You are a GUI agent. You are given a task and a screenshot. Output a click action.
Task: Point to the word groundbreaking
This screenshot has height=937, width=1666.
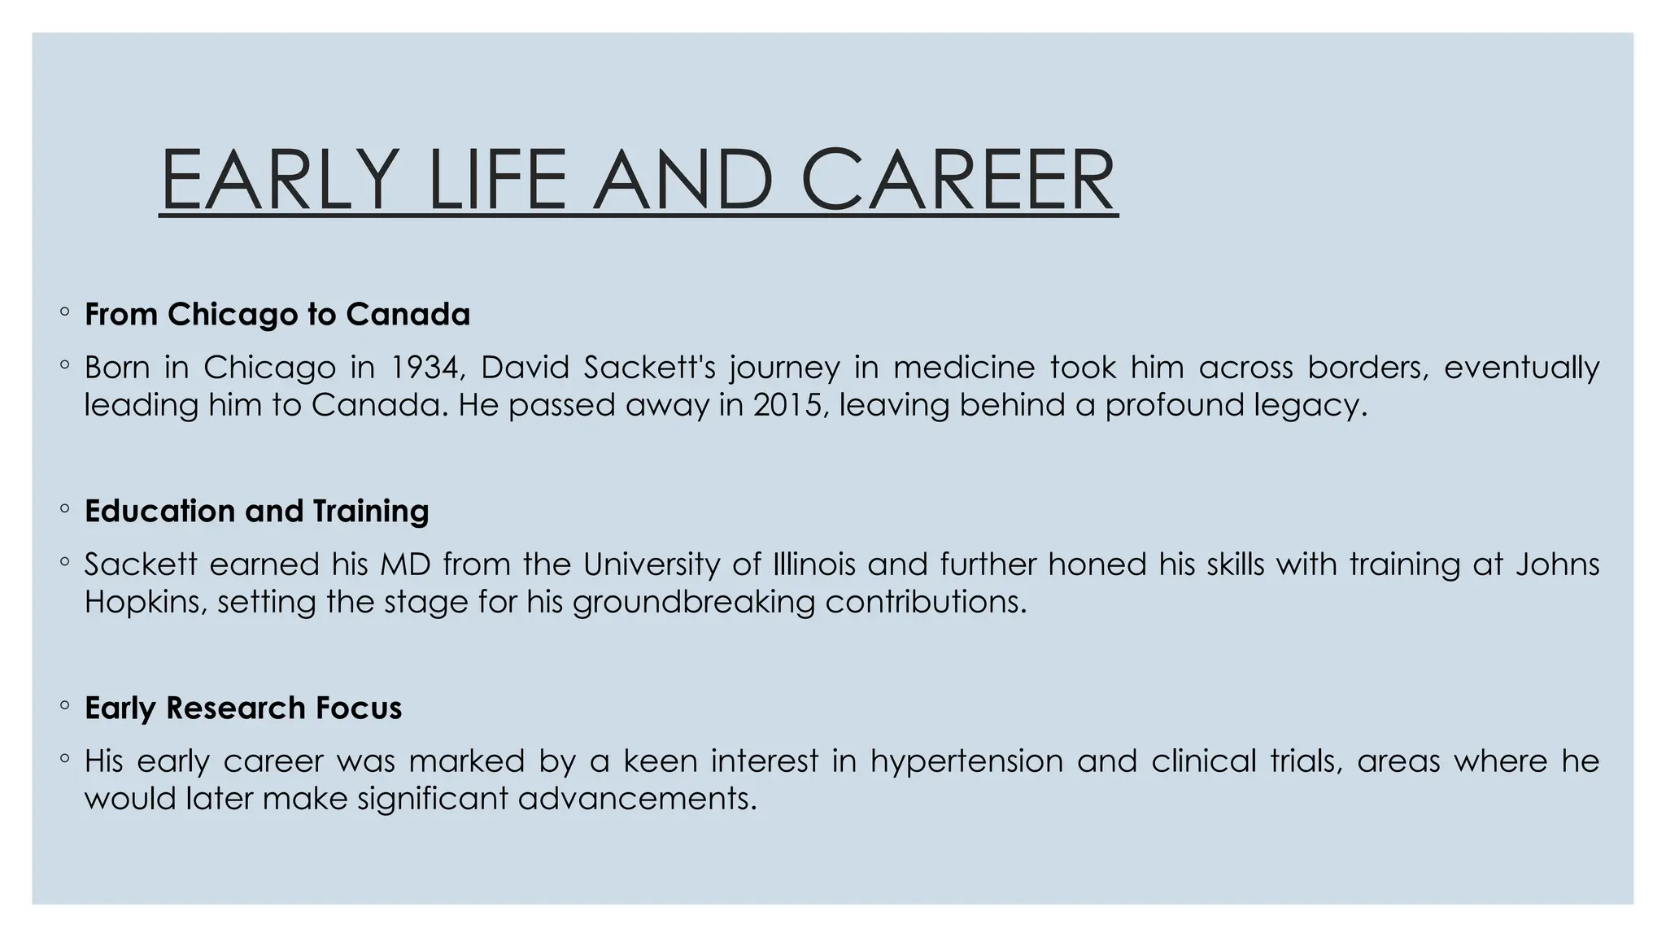[x=694, y=602]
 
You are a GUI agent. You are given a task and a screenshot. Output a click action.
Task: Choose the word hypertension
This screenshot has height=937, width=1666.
[x=966, y=761]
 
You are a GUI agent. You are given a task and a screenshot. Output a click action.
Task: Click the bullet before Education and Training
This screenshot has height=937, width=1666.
[x=64, y=510]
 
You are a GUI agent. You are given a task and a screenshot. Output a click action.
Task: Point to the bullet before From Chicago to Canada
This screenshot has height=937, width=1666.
[x=64, y=313]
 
